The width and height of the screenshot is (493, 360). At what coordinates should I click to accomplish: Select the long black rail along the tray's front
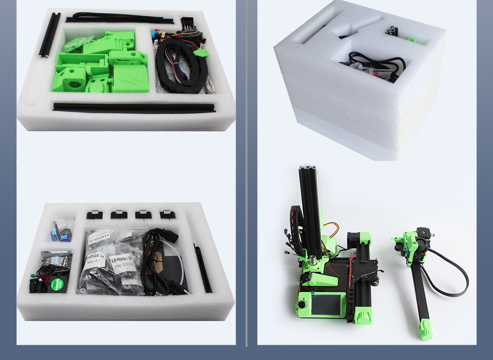[133, 107]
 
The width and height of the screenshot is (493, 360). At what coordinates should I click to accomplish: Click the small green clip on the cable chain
[200, 53]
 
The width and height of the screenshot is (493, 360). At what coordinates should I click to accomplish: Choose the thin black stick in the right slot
[203, 269]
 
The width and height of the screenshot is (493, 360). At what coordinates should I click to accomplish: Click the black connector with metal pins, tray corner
[188, 23]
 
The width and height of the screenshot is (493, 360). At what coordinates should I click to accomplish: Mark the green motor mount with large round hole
[69, 81]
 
